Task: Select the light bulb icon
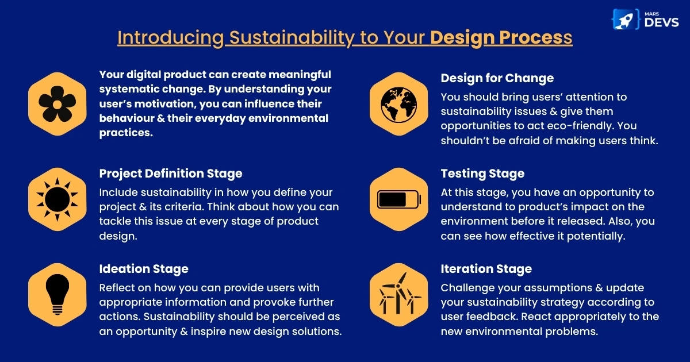[x=57, y=294]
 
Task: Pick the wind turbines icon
[x=398, y=294]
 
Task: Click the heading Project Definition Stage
[x=171, y=174]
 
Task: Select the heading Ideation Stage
[x=144, y=269]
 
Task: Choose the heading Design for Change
[x=497, y=78]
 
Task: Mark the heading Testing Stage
[x=482, y=174]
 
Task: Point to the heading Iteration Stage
[x=486, y=269]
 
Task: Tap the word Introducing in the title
[x=170, y=37]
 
